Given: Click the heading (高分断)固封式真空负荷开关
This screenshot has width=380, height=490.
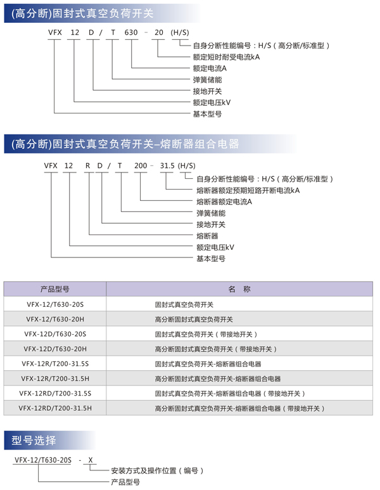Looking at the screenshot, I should tap(82, 11).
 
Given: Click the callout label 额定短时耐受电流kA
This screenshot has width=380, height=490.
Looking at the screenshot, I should tap(226, 57).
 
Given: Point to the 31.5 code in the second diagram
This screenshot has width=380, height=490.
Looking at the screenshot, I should tap(167, 165).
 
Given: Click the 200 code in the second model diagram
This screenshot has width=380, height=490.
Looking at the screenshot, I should tap(139, 165).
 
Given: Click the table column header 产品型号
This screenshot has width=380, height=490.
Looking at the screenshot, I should tap(54, 289).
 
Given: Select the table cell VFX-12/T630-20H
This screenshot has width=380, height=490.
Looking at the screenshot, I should tap(54, 319).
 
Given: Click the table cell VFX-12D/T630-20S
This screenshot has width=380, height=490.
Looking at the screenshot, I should tap(54, 334).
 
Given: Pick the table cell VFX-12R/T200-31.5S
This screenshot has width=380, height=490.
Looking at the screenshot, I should tap(54, 364).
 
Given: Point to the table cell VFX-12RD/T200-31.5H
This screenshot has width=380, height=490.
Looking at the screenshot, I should tap(54, 409).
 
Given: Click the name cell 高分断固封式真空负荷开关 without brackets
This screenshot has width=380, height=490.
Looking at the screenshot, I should tap(194, 319).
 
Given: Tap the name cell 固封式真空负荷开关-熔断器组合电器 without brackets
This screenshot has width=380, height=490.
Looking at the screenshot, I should tap(208, 364).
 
